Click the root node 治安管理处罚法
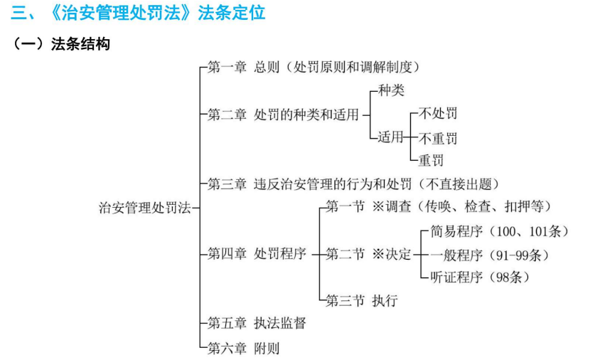(x=144, y=208)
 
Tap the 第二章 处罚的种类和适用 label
(x=283, y=115)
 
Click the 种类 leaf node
(x=391, y=90)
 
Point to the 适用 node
(x=391, y=137)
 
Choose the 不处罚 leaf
(x=438, y=113)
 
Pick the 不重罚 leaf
(x=438, y=138)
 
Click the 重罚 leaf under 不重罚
(x=432, y=160)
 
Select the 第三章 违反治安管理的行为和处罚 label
(x=309, y=184)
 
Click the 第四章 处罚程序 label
(x=257, y=253)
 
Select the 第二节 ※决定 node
(x=368, y=254)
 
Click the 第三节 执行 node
(x=362, y=301)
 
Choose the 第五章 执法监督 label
(x=257, y=323)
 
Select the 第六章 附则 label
(x=243, y=348)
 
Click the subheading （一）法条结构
(x=61, y=44)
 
